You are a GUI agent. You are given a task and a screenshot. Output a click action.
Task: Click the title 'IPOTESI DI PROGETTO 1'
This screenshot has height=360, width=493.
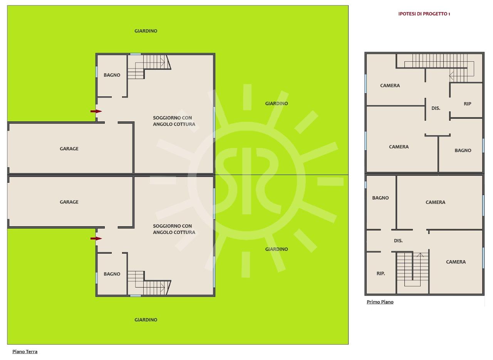pos(424,14)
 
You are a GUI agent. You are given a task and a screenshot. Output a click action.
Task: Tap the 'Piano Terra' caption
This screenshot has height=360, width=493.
pos(25,352)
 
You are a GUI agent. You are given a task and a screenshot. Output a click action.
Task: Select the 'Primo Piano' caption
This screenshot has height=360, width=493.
pos(380,302)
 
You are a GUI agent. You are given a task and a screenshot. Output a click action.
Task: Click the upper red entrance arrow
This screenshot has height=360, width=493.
pos(96,111)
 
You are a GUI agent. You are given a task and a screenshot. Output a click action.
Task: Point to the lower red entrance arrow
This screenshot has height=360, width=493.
pos(96,238)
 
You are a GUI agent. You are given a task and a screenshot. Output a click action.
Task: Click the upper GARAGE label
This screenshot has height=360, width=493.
pos(69,149)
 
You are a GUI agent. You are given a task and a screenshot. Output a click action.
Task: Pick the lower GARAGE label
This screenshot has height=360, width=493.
pos(69,202)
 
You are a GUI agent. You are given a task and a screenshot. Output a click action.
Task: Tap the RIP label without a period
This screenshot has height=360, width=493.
pos(468,104)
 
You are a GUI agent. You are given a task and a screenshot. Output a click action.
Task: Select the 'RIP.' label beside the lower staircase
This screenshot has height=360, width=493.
pos(381,273)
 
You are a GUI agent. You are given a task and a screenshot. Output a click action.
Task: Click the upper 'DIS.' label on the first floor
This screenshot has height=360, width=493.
pos(436,108)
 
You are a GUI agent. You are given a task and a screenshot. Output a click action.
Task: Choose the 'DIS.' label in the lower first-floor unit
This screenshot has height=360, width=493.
pos(398,241)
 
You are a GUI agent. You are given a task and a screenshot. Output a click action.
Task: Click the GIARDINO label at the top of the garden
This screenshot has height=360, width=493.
pos(146,31)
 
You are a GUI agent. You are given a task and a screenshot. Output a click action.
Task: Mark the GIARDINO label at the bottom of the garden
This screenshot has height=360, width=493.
pos(146,320)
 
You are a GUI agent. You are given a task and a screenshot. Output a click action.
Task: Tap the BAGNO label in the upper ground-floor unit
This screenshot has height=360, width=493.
pos(112,75)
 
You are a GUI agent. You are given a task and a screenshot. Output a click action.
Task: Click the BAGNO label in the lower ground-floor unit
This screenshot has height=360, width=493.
pos(112,274)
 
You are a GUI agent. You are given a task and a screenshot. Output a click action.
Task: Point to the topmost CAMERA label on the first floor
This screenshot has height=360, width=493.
pos(390,86)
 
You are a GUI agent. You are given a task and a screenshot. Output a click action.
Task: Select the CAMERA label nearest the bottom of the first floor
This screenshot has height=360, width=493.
pos(456,262)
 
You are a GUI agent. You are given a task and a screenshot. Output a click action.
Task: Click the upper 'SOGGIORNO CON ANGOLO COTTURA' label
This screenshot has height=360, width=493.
pos(174,121)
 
